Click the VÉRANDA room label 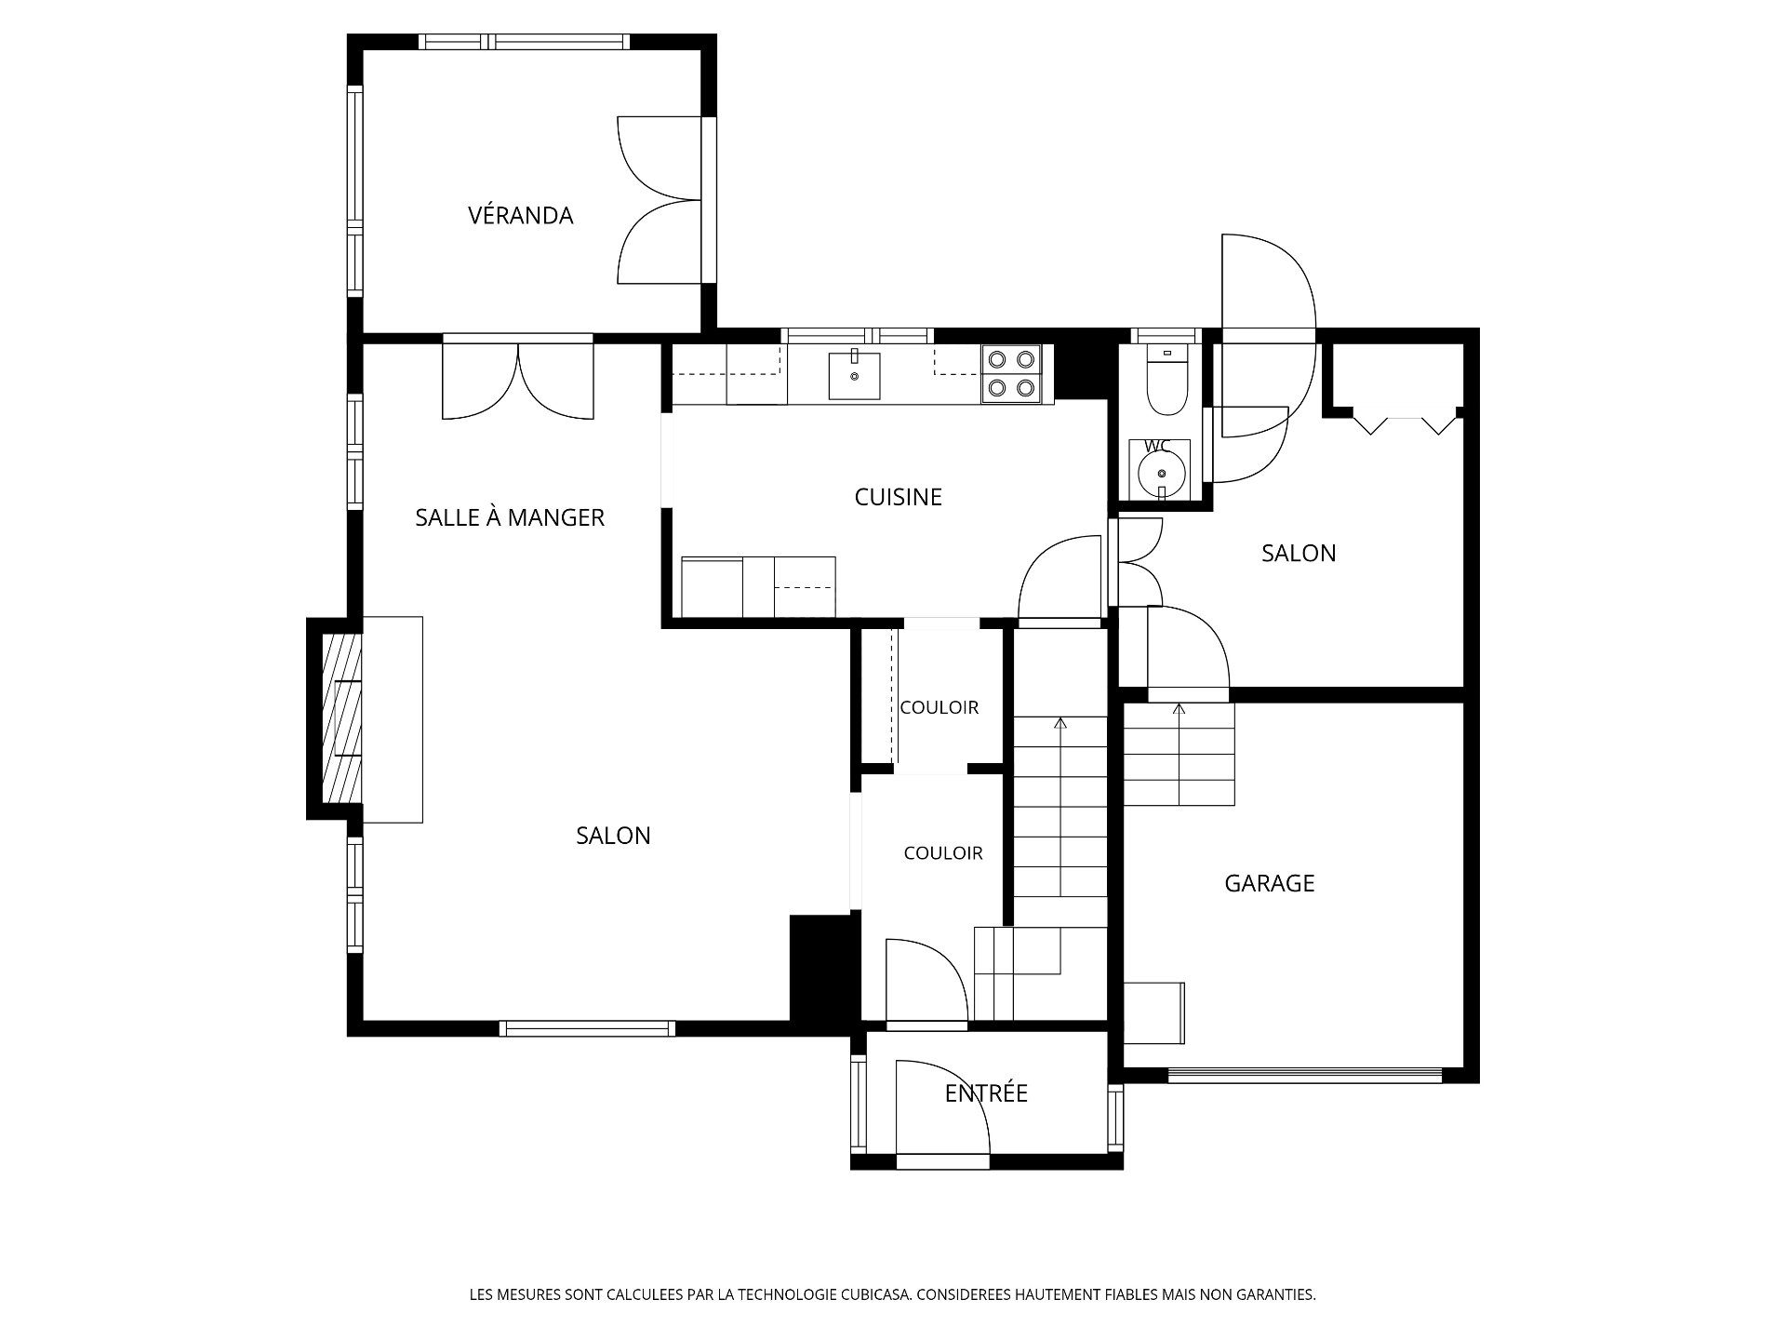coord(520,216)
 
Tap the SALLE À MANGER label coord(510,517)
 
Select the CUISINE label coord(899,497)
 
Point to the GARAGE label coord(1270,883)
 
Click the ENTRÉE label coord(986,1092)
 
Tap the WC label coord(1157,446)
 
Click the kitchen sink coord(854,375)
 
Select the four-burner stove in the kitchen coord(1011,373)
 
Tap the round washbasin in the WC coord(1160,474)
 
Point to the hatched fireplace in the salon coord(341,717)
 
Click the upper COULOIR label coord(940,708)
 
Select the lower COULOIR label coord(943,853)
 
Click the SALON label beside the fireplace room coord(613,836)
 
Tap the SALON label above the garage coord(1299,554)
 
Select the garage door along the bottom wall coord(1305,1075)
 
